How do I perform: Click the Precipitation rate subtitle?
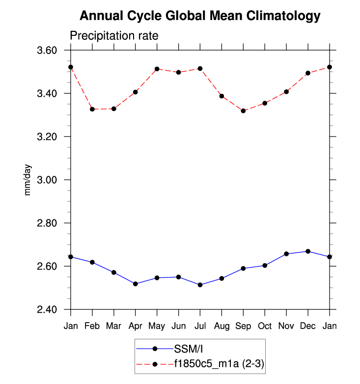113,36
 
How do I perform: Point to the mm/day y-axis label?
28,180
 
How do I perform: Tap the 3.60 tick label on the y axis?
48,51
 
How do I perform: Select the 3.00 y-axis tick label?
48,180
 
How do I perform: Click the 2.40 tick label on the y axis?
48,310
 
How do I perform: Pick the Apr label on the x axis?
135,326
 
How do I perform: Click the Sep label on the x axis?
243,326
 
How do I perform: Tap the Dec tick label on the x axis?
308,326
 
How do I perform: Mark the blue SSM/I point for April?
135,284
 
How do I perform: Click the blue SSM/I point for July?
200,285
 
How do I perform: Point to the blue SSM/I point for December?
308,251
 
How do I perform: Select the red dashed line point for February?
92,109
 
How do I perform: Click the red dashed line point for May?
157,69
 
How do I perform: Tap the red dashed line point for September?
243,111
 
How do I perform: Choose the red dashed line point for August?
222,96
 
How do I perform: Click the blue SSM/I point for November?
286,254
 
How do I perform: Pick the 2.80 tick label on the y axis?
48,223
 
